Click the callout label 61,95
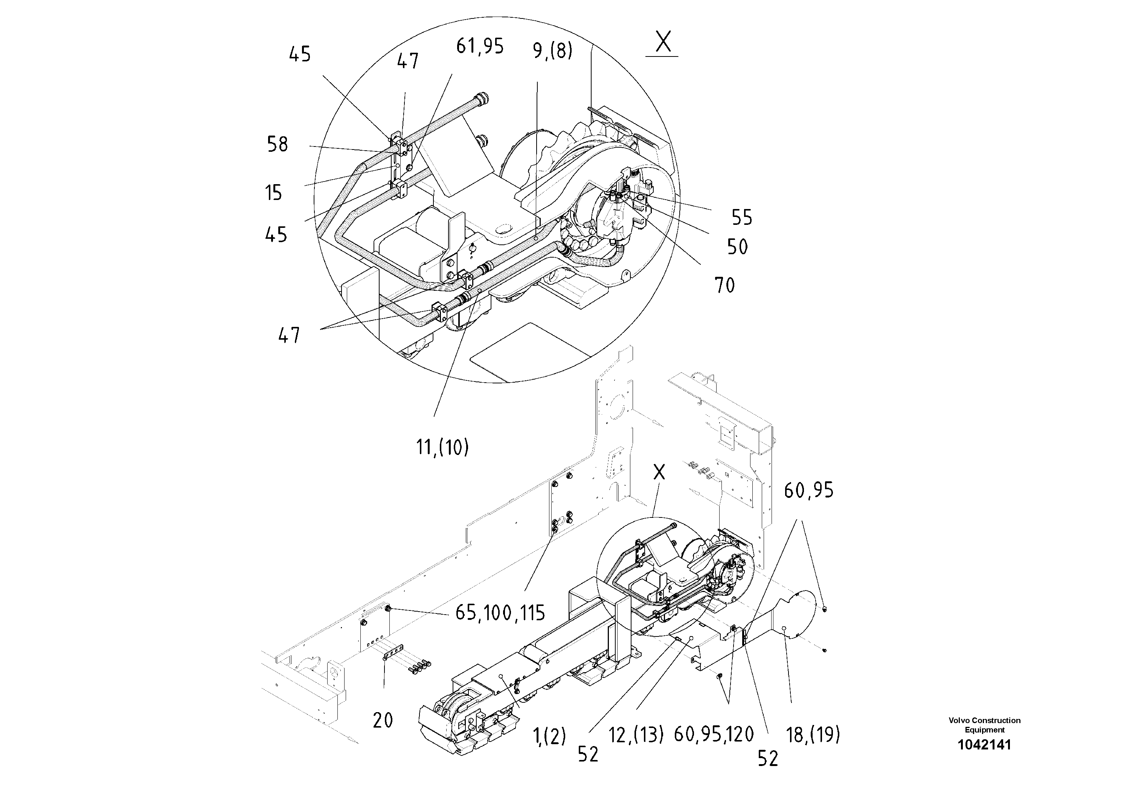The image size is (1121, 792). (479, 46)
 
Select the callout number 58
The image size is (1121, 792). (277, 145)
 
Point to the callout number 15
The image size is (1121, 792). (274, 193)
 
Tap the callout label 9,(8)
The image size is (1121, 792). (552, 50)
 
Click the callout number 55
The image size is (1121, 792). (742, 217)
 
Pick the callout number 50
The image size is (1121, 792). (737, 247)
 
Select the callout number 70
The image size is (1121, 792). (724, 285)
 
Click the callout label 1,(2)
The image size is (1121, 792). (550, 736)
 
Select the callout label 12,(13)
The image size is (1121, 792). (636, 734)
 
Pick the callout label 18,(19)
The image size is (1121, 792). (813, 734)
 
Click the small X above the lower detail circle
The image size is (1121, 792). (659, 472)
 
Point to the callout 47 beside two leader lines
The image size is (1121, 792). (288, 336)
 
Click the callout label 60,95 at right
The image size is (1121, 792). (808, 490)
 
